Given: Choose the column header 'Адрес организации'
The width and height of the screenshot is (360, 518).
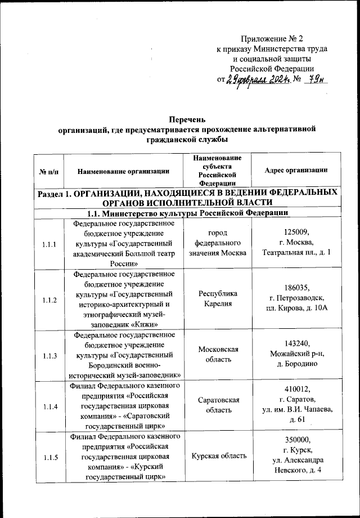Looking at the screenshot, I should [296, 170].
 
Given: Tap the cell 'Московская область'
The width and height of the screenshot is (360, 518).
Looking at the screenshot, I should [219, 354].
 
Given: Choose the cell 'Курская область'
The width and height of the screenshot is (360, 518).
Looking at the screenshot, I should [219, 456].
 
